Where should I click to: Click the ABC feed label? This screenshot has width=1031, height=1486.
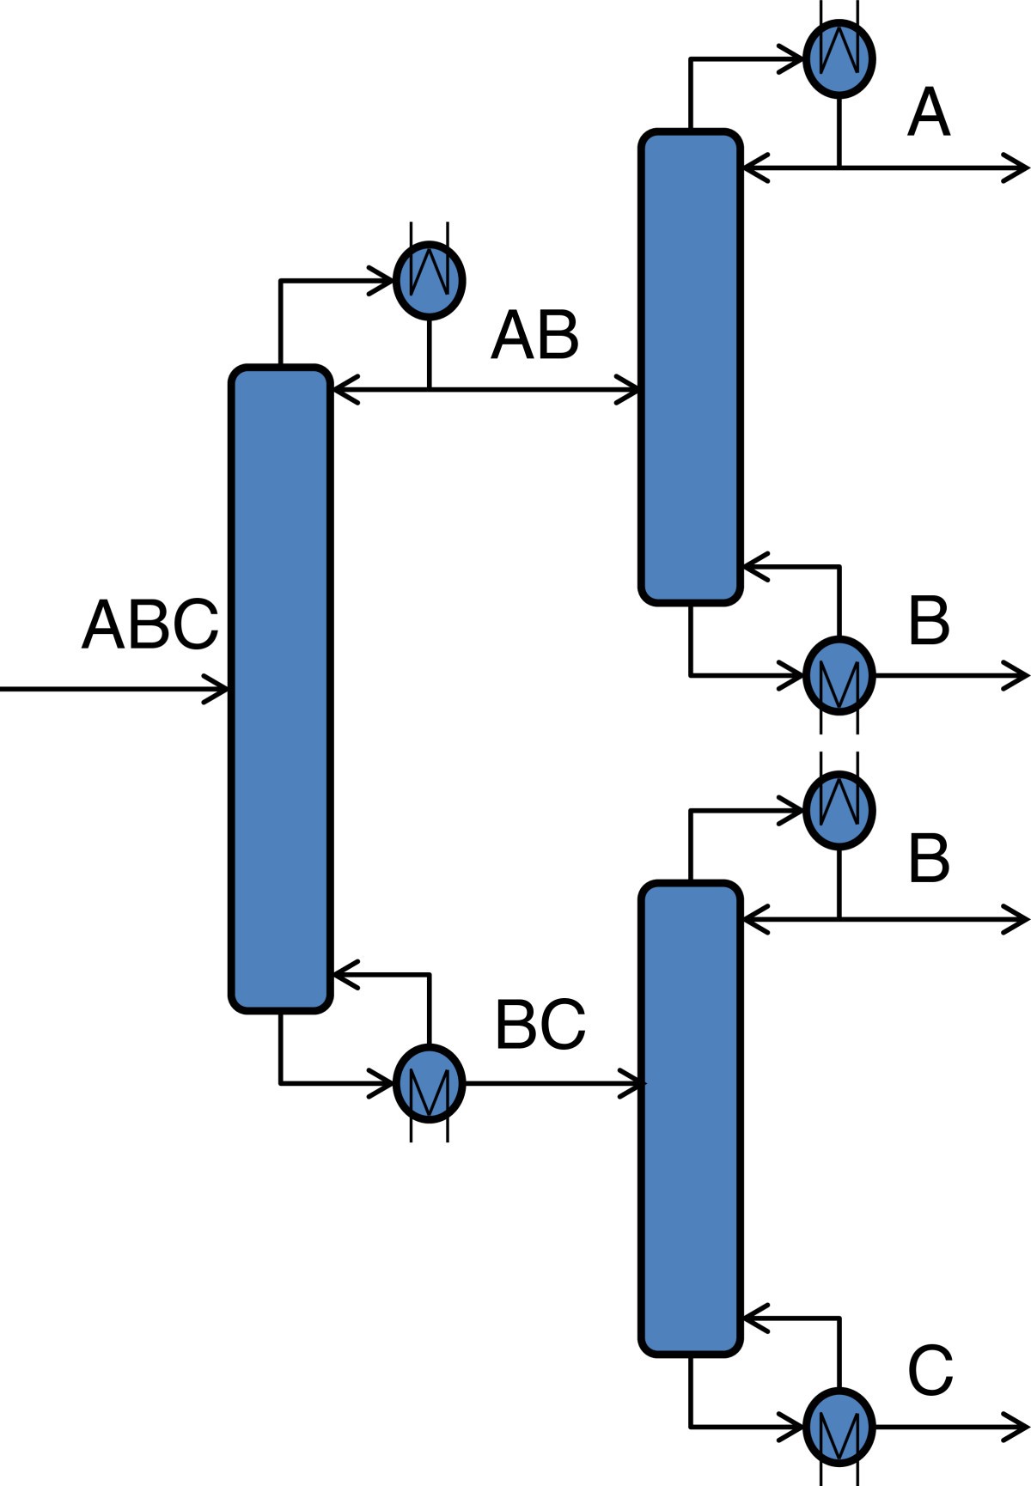tap(150, 625)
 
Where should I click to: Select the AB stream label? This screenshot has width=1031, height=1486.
tap(534, 336)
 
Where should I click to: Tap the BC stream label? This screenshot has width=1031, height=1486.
tap(540, 1025)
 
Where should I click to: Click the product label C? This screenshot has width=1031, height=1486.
tap(930, 1372)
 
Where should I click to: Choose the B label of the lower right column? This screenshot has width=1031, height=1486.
tap(929, 858)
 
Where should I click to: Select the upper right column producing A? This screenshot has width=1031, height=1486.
tap(690, 368)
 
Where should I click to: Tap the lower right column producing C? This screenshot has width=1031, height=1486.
tap(690, 1119)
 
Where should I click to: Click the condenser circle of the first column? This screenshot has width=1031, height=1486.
tap(429, 280)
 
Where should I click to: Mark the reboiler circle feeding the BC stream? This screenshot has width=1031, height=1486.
tap(429, 1084)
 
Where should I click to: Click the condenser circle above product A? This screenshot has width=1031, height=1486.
tap(839, 58)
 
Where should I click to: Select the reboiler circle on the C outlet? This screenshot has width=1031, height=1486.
tap(839, 1427)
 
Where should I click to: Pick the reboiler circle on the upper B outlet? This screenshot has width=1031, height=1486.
tap(839, 675)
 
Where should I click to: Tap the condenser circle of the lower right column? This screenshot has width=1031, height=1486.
tap(839, 810)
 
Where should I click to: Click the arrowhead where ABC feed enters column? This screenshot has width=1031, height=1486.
tap(218, 689)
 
